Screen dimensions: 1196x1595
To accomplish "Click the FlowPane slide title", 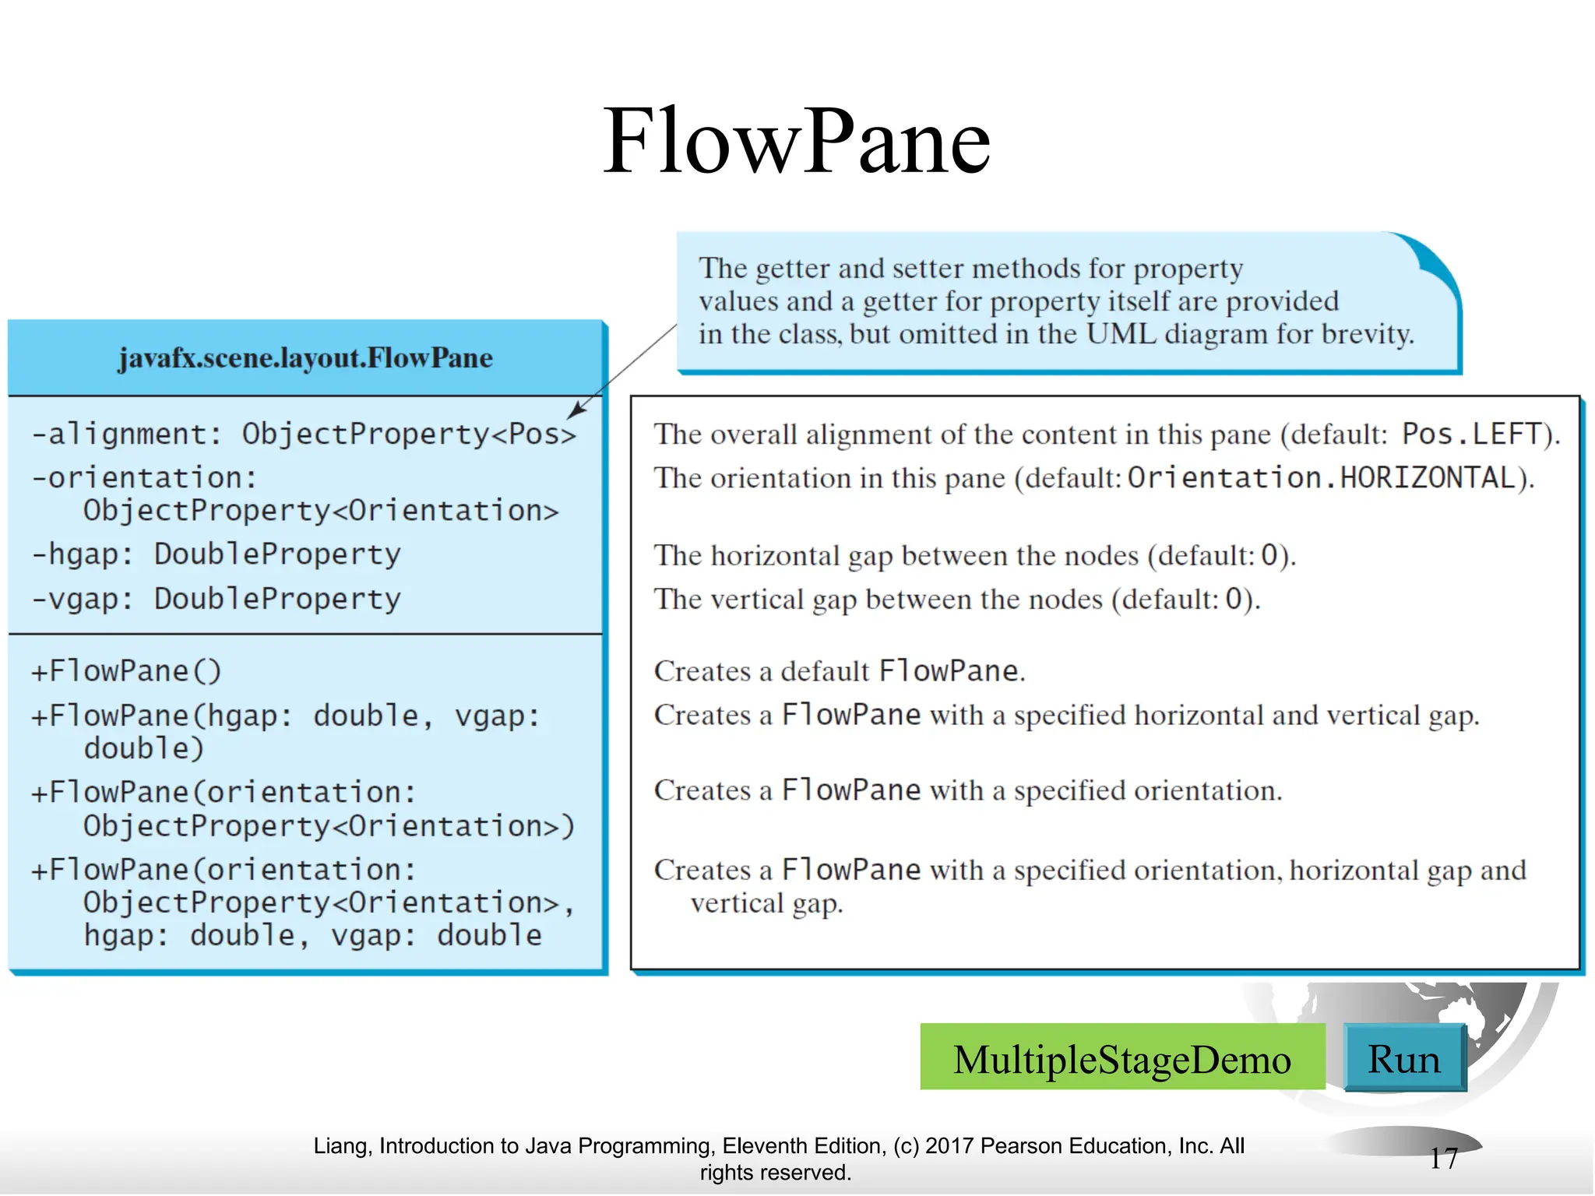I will [796, 142].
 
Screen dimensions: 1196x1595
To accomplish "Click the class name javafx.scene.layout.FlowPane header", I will [305, 358].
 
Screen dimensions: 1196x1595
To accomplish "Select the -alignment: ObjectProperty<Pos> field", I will [304, 434].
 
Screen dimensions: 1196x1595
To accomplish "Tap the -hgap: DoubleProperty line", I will [216, 554].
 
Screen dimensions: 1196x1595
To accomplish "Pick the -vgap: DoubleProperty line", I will [216, 599].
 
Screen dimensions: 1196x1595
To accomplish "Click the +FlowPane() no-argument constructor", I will [126, 671].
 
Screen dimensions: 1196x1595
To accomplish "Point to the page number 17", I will [1443, 1159].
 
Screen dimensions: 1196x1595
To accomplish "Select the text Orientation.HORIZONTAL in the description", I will [1322, 478].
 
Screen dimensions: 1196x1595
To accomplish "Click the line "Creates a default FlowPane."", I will [840, 671].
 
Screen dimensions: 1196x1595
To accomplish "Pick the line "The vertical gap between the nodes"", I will [956, 600].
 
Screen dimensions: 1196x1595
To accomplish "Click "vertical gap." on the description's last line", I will [766, 904].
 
